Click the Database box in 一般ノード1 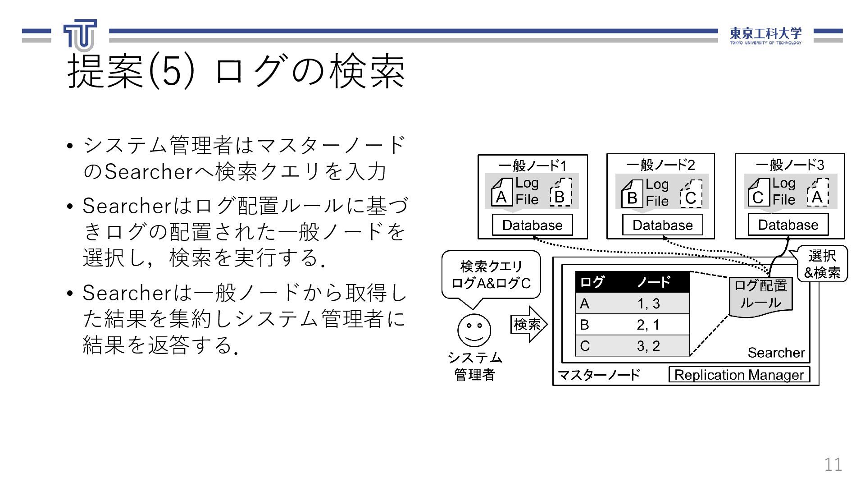click(x=532, y=225)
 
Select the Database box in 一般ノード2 click(x=662, y=225)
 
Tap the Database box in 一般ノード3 click(x=788, y=225)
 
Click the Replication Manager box click(x=739, y=375)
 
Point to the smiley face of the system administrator click(x=474, y=330)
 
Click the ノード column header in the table click(x=654, y=282)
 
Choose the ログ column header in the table click(x=592, y=282)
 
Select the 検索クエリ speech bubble click(x=491, y=275)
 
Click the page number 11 click(x=833, y=464)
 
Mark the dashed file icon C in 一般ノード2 click(x=691, y=194)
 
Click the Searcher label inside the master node click(x=776, y=353)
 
